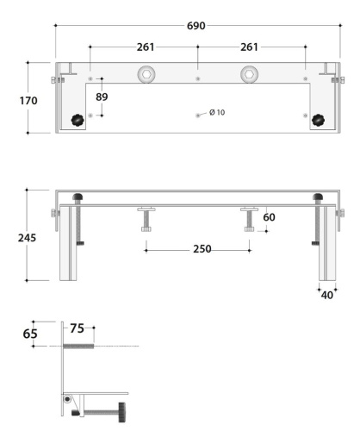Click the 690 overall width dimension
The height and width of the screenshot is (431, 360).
[x=196, y=26]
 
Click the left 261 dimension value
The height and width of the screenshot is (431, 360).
[x=145, y=47]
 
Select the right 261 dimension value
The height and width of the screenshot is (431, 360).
[x=250, y=47]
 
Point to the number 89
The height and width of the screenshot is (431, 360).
[x=102, y=97]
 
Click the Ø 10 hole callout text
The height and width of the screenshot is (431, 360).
[x=218, y=113]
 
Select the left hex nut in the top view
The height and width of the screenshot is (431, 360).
[x=149, y=73]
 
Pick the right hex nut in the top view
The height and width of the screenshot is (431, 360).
[x=249, y=73]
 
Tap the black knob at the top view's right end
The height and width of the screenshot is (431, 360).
[x=320, y=120]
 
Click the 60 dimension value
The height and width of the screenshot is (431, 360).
[x=269, y=218]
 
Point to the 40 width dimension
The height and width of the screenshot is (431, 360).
[x=326, y=296]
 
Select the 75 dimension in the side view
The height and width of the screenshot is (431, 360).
[x=76, y=328]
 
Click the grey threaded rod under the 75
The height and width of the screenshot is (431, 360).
[x=78, y=346]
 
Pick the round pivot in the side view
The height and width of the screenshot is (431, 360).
[x=67, y=398]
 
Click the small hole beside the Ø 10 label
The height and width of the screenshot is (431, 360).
[x=199, y=114]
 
